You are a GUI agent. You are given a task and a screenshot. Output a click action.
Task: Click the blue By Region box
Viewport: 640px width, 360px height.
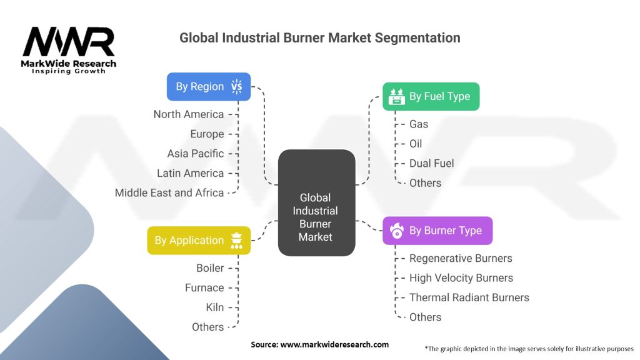(x=209, y=86)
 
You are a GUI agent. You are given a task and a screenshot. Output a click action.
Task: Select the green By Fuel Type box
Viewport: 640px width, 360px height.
(x=431, y=96)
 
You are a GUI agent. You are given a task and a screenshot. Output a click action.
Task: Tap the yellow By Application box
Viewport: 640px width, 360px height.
(x=199, y=241)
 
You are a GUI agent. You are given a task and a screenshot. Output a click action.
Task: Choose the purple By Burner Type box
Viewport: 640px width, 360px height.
(x=437, y=231)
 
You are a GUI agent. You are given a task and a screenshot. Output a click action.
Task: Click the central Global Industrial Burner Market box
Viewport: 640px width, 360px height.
(x=316, y=203)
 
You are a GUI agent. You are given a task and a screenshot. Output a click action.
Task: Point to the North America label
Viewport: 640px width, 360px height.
(x=189, y=114)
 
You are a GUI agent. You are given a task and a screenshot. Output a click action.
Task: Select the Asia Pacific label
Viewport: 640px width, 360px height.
(x=196, y=154)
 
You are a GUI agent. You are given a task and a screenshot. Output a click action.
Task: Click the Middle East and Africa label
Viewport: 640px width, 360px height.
(x=169, y=192)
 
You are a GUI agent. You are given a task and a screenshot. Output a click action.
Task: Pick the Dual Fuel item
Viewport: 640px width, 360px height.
(x=431, y=163)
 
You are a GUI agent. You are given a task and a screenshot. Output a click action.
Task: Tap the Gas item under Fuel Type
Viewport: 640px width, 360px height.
(x=419, y=124)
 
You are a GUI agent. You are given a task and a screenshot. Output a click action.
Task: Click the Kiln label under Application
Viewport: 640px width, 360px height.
(x=215, y=307)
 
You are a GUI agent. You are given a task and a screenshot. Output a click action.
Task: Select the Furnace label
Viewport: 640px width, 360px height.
(x=204, y=287)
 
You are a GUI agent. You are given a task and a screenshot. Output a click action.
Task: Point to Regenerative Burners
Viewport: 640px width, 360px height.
(x=461, y=258)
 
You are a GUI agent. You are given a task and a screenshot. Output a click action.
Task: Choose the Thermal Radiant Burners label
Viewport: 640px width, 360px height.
(x=469, y=297)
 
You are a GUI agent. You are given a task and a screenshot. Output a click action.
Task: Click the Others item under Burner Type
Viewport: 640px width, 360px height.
(x=425, y=317)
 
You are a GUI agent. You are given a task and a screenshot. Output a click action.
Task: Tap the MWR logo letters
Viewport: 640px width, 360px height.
(x=69, y=42)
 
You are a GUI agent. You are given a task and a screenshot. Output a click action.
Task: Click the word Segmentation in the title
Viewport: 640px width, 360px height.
(x=417, y=38)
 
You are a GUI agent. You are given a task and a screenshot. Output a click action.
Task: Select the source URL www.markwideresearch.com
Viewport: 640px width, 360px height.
(x=334, y=344)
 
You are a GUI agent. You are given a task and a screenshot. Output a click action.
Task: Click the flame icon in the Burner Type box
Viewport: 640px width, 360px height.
(x=396, y=231)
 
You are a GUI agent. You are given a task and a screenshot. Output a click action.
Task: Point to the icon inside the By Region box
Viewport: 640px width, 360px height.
(x=237, y=86)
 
